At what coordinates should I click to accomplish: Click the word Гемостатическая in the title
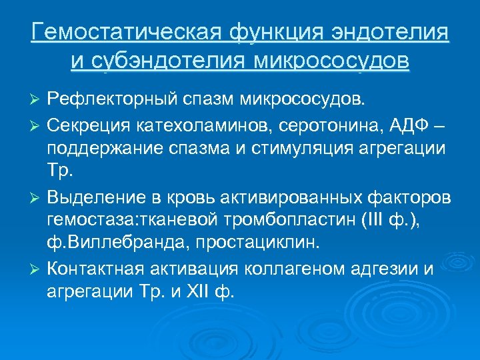pyautogui.click(x=126, y=33)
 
